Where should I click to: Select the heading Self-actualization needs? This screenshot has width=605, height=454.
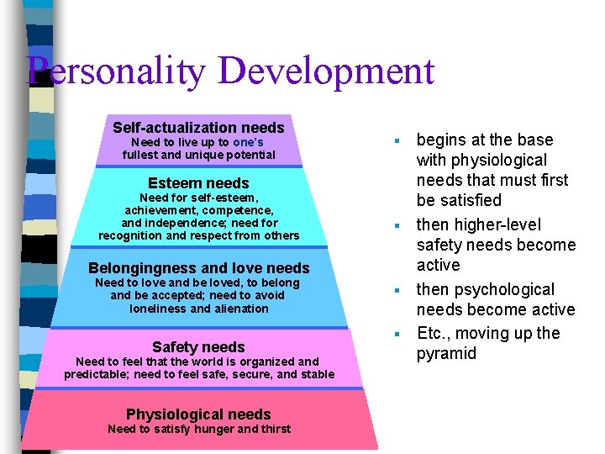click(198, 128)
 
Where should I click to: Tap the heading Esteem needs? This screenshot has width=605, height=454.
click(198, 183)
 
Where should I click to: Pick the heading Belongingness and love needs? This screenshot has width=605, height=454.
click(198, 268)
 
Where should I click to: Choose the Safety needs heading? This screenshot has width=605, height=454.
click(198, 347)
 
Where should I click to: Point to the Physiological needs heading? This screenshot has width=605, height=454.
click(198, 414)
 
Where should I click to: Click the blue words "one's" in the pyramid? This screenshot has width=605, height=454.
click(248, 142)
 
